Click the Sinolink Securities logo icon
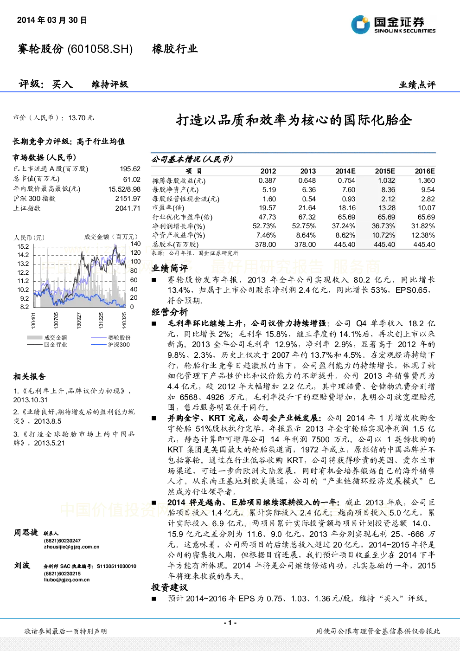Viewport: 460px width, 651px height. point(360,24)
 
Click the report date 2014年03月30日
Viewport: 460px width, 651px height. point(52,20)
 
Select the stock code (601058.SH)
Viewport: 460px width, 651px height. point(100,49)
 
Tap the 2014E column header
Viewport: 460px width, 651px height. point(345,171)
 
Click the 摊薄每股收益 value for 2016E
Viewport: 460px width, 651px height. point(426,180)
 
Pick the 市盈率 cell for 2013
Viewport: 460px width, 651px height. point(307,208)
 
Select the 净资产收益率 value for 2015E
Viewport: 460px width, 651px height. point(383,235)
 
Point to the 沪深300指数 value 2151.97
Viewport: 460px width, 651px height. point(128,199)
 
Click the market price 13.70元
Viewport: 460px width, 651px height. point(81,118)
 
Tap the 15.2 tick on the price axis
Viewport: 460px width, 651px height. point(23,246)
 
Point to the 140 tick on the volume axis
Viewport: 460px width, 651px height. point(135,244)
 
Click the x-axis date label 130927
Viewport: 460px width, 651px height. point(79,321)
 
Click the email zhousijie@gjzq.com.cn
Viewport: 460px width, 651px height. point(72,547)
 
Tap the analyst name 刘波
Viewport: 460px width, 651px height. point(22,565)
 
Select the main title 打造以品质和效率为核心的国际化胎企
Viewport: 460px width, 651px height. point(294,120)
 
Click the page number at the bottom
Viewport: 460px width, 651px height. point(230,623)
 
